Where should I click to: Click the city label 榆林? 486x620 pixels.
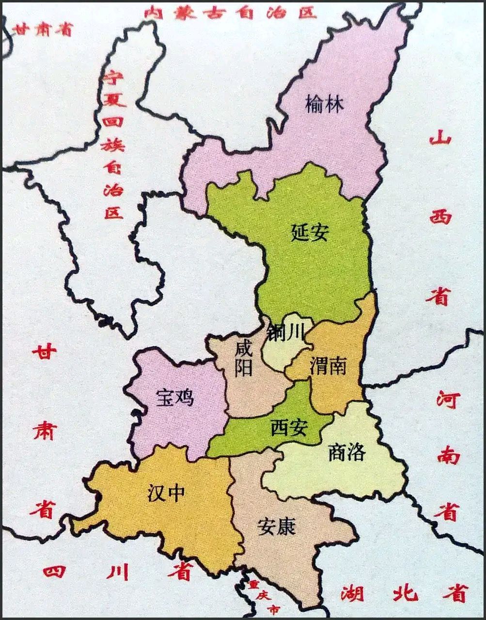pos(324,105)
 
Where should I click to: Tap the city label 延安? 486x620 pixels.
pos(310,232)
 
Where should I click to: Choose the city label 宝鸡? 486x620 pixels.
pos(174,397)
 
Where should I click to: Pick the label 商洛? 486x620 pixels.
pos(346,452)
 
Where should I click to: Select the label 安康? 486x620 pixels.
pos(276,526)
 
